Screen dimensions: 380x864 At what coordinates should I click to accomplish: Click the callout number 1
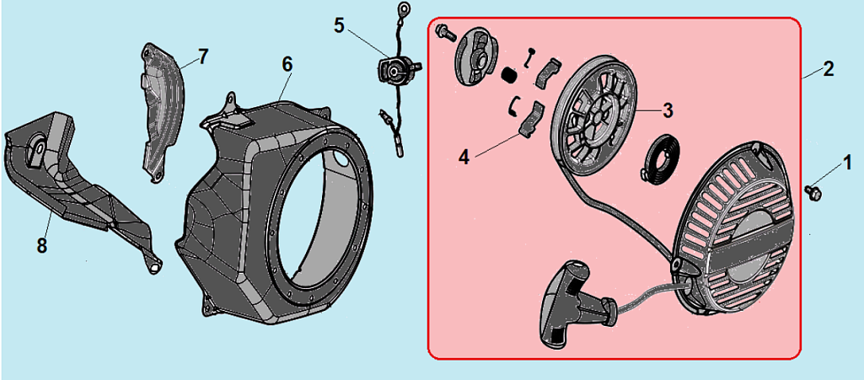846,161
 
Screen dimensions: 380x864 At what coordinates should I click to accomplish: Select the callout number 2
829,69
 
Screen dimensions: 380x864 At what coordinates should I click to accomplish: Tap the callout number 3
667,110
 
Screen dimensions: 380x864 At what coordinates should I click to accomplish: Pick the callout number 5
339,24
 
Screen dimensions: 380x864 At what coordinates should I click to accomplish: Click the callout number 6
287,63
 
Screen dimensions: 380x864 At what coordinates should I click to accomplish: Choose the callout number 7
202,56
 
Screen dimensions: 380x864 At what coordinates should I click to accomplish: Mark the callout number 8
42,245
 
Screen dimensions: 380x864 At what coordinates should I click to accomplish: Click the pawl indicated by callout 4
529,119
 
